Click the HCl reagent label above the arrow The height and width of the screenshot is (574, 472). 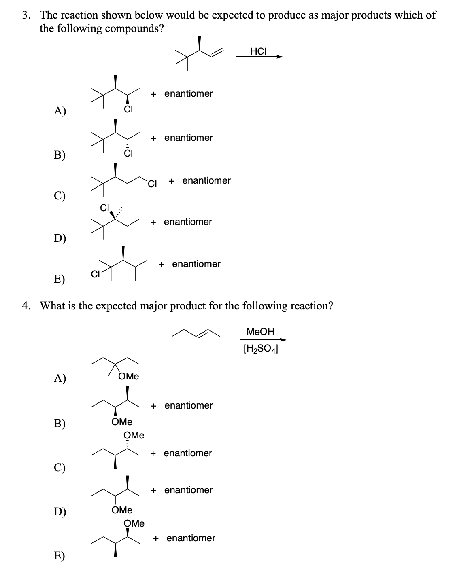(x=258, y=51)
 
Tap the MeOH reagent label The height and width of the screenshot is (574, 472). (x=260, y=331)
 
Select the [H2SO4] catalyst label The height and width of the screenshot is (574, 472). (x=261, y=349)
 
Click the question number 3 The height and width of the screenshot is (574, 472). (x=26, y=15)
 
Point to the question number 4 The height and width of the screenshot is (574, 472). (x=26, y=306)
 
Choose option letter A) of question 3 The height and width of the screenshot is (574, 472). (x=60, y=111)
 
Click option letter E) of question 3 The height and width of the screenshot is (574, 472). (x=60, y=279)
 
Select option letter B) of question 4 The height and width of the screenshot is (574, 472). (x=60, y=423)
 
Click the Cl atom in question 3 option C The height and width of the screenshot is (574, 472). (x=152, y=184)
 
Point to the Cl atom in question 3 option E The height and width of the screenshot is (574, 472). (x=95, y=274)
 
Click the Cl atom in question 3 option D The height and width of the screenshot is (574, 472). (x=104, y=208)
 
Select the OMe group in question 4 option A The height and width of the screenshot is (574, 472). (x=129, y=376)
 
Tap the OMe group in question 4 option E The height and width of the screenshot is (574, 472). (x=134, y=523)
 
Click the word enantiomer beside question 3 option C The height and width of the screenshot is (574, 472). (x=206, y=180)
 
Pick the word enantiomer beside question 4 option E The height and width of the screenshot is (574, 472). (x=191, y=538)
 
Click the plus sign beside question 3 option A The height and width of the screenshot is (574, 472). (x=153, y=94)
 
